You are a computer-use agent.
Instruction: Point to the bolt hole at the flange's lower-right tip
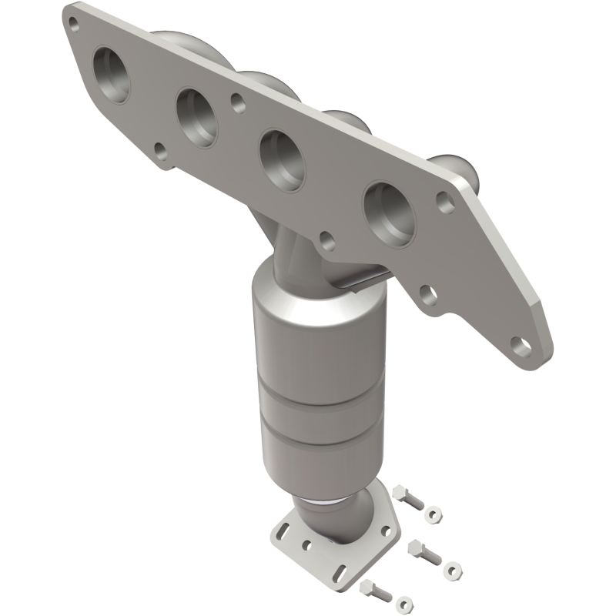(523, 343)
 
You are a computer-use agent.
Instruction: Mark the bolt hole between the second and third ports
(236, 101)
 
